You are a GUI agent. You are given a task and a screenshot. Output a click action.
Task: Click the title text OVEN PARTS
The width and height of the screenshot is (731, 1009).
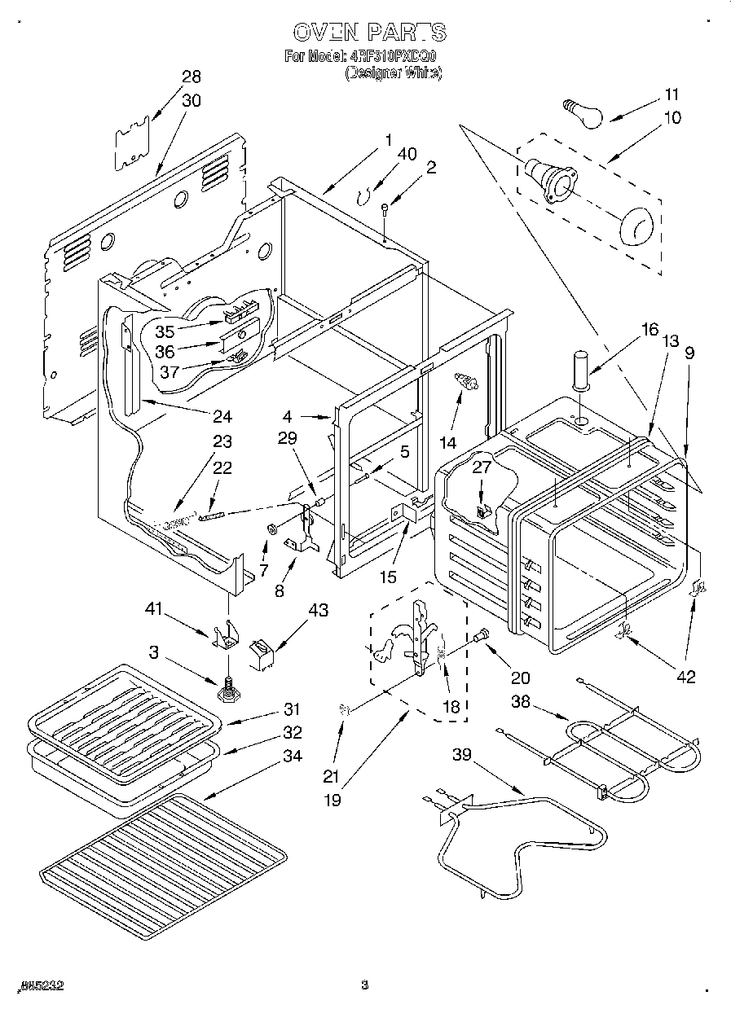368,33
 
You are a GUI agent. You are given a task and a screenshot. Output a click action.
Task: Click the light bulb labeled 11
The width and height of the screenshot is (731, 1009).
584,111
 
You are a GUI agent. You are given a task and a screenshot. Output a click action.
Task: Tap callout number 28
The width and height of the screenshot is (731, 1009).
192,77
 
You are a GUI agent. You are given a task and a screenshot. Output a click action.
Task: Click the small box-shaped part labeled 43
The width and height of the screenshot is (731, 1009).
260,654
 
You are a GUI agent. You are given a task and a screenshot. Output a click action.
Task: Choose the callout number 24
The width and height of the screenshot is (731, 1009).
222,416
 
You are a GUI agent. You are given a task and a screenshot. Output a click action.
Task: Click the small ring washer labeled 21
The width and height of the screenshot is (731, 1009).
345,711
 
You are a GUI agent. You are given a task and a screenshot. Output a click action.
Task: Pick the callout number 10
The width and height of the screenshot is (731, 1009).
672,117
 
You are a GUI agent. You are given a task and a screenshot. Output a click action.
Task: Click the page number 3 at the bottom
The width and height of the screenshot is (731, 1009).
365,985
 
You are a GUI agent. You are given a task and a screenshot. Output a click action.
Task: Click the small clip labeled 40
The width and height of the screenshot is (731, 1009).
364,196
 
